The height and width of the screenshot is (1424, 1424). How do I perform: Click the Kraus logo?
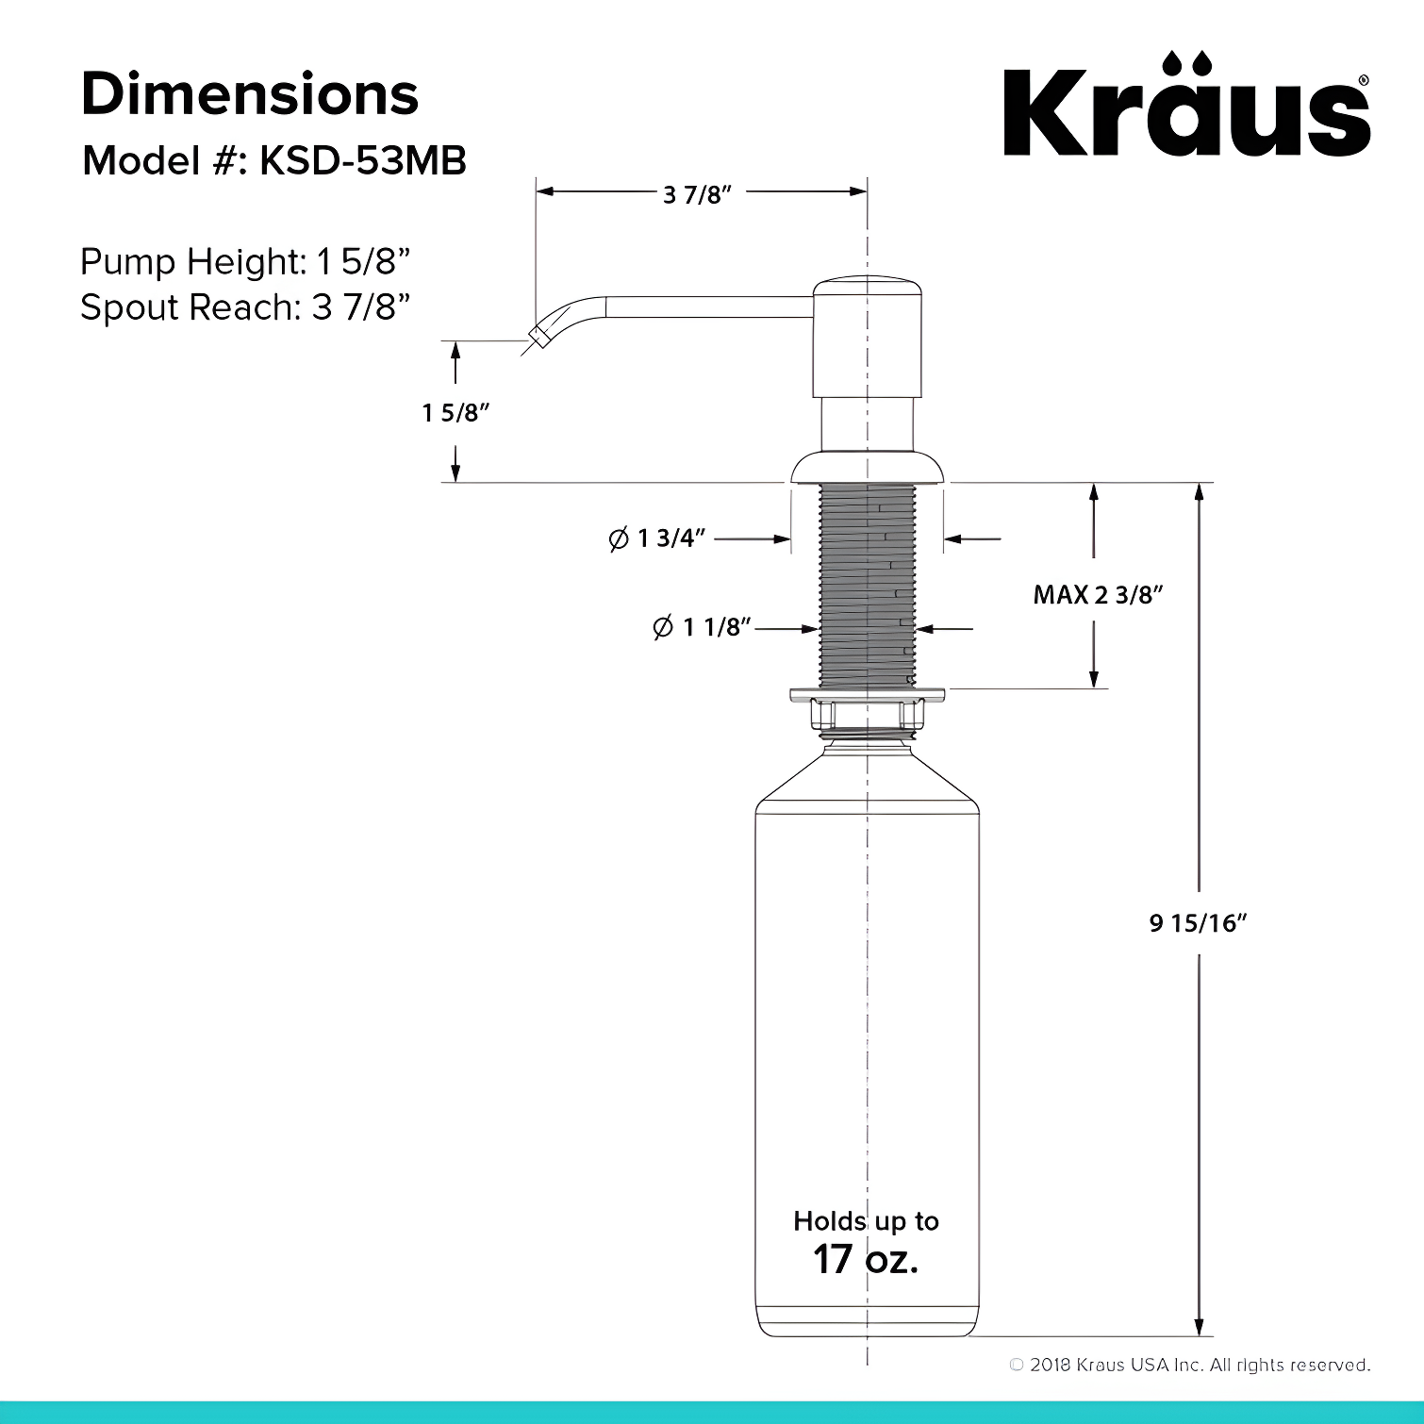(x=1186, y=106)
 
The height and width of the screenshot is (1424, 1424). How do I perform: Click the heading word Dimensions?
(x=250, y=94)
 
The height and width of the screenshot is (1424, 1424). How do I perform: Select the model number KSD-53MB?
(x=363, y=161)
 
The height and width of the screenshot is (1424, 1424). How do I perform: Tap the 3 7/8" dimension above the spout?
(x=698, y=194)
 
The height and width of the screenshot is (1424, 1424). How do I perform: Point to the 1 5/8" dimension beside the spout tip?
(x=456, y=412)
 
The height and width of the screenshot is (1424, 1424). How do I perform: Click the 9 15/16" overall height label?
(x=1198, y=923)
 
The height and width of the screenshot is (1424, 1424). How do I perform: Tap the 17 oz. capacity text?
(x=866, y=1259)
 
